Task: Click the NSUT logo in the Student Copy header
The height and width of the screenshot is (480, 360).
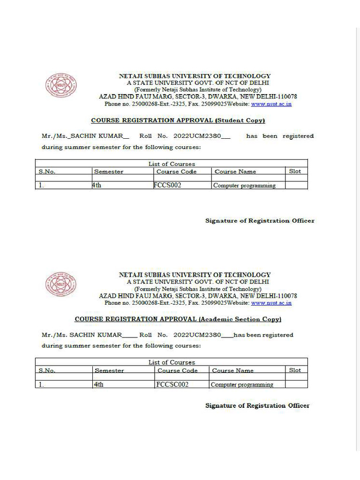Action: [61, 86]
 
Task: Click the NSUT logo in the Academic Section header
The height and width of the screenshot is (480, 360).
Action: [61, 285]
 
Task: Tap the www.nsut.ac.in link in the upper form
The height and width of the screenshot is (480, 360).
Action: [271, 104]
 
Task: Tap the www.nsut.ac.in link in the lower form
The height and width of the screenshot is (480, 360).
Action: [271, 303]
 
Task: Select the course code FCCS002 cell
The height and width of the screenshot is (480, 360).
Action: [167, 185]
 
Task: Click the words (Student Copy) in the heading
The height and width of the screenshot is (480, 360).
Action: [240, 120]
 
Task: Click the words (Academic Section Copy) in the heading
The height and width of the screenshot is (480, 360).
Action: [240, 319]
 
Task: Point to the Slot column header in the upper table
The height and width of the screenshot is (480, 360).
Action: [295, 171]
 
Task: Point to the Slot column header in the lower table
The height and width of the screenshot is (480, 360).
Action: [295, 370]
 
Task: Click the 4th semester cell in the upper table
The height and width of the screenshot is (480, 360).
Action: [97, 185]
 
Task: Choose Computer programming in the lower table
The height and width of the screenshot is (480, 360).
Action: [242, 384]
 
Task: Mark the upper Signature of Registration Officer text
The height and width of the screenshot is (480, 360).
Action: [260, 221]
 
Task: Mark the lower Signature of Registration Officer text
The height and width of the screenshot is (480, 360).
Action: [257, 405]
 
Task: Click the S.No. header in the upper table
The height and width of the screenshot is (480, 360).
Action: [47, 172]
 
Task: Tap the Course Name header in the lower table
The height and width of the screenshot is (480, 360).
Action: [232, 370]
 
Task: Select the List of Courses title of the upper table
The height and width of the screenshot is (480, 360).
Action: [172, 164]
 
